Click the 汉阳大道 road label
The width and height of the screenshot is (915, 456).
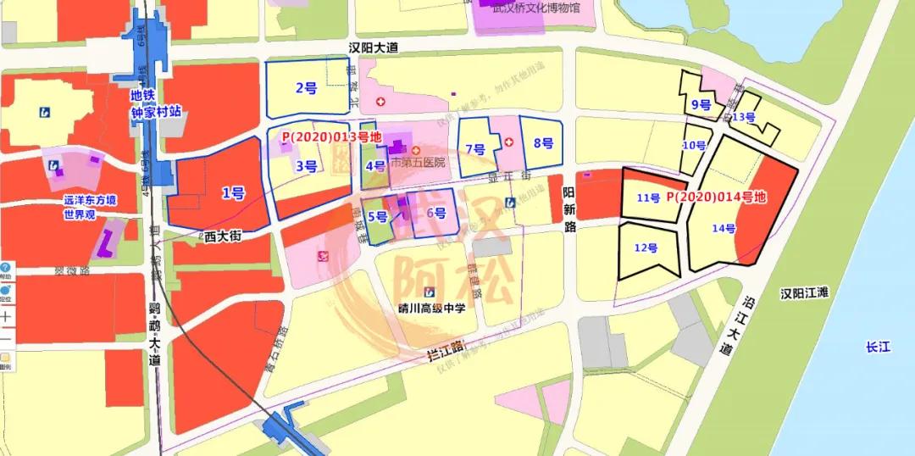(374, 48)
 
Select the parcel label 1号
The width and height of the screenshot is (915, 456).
(233, 194)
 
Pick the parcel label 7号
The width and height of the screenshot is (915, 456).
(475, 150)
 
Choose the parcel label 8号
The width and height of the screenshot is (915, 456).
(543, 142)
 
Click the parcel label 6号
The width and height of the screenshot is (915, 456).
(436, 213)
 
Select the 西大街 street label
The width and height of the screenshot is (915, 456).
(224, 238)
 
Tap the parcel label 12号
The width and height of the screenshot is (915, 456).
(646, 247)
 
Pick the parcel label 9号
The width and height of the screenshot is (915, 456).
(701, 105)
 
